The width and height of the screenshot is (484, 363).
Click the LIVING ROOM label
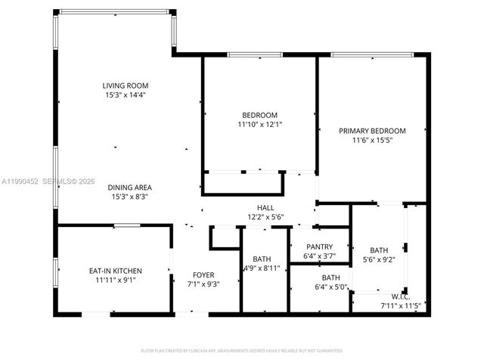point(126,85)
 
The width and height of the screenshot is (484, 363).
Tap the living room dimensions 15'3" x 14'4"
point(126,95)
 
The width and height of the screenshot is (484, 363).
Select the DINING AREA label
point(129,187)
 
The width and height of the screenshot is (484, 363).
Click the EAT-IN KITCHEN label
point(115,270)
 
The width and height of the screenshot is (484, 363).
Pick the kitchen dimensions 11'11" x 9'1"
point(115,280)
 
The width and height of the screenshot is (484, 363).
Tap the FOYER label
point(203,275)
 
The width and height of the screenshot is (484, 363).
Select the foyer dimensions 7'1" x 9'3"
point(203,284)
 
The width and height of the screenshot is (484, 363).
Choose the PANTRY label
point(319,247)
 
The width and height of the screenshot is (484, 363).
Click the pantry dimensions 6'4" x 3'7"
point(319,256)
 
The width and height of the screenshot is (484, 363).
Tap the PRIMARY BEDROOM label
point(372,131)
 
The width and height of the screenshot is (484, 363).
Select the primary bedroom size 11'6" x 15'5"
point(372,141)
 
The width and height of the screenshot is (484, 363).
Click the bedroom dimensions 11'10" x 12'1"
point(259,124)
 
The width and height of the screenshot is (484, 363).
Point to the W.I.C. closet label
point(401,296)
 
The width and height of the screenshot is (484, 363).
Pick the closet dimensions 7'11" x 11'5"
point(401,306)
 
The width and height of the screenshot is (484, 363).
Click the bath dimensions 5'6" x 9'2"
point(378,260)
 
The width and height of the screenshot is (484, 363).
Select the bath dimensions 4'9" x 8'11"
point(262,268)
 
